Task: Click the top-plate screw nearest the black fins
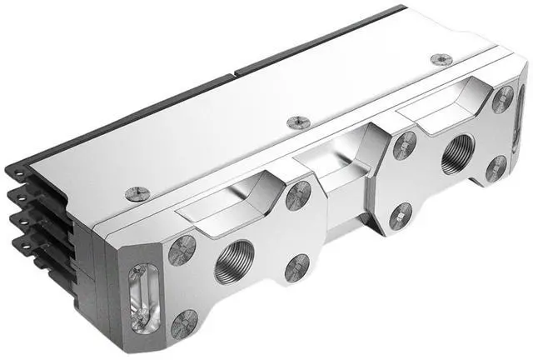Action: (137, 193)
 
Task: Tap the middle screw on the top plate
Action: (298, 122)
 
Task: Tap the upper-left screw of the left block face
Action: (182, 249)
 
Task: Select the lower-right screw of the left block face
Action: (296, 267)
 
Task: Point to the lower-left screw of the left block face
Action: (184, 323)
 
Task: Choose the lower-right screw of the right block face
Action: (498, 167)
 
